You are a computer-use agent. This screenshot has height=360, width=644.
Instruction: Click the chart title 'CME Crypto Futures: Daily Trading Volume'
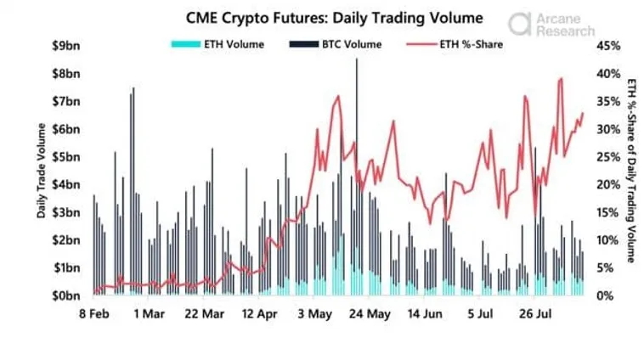[x=321, y=17]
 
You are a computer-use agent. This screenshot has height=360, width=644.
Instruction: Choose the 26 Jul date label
[x=535, y=313]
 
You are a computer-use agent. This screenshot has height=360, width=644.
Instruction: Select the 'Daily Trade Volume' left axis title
[x=42, y=170]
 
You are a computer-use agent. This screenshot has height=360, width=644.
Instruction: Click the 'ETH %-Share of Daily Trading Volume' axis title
[x=630, y=170]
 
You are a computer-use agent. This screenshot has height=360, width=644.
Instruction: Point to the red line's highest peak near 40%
[x=561, y=79]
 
